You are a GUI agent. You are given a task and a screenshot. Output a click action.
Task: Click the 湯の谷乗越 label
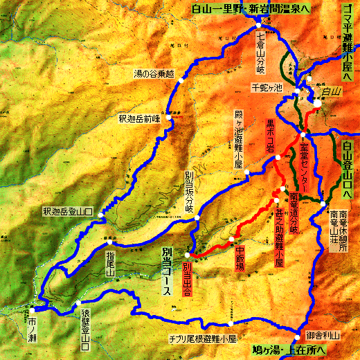pyautogui.click(x=153, y=73)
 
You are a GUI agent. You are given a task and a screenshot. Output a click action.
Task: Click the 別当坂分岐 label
pyautogui.click(x=189, y=190)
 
